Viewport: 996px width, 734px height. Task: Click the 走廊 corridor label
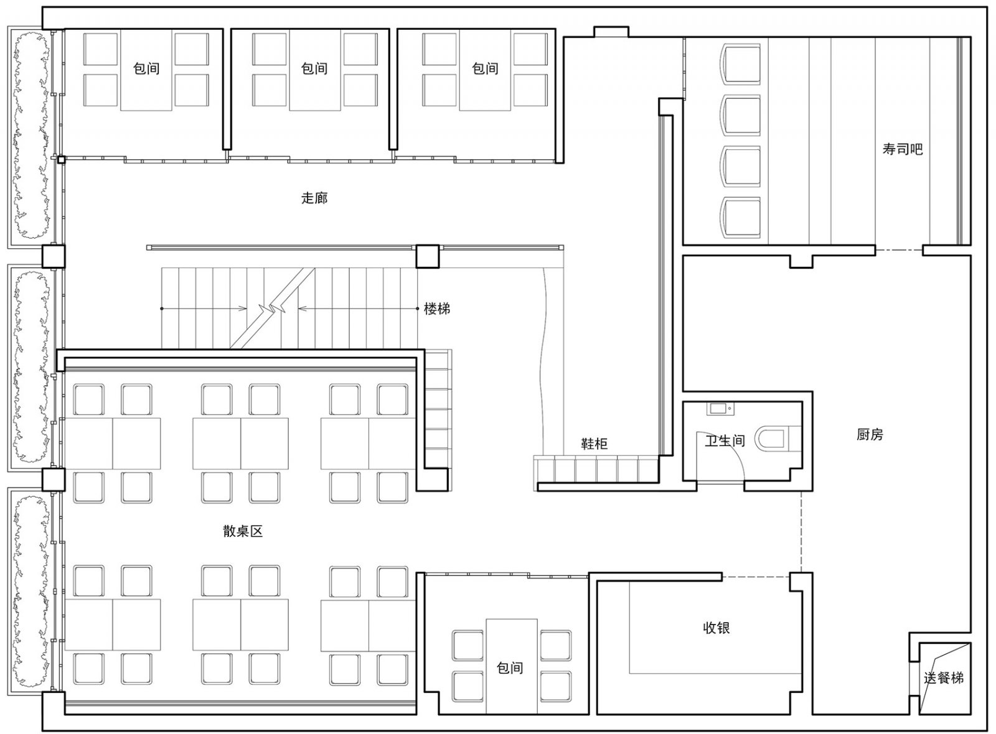pos(314,198)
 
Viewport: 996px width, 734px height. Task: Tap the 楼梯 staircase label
pos(436,309)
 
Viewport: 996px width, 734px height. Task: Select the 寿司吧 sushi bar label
pos(903,149)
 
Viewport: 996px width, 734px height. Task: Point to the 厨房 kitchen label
pos(870,434)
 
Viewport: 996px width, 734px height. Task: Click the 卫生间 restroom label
pos(725,440)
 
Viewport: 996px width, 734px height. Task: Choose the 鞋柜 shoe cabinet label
pos(594,444)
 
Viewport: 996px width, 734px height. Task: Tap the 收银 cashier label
pos(716,628)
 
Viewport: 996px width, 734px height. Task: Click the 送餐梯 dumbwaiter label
pos(944,678)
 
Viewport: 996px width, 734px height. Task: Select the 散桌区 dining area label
pos(243,531)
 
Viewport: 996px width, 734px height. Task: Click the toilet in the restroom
pos(779,439)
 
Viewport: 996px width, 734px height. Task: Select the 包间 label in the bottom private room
pos(510,668)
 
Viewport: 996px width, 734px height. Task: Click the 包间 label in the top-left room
pos(146,68)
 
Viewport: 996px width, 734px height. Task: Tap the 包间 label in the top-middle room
pos(314,68)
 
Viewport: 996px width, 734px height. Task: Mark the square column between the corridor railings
pos(427,256)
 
